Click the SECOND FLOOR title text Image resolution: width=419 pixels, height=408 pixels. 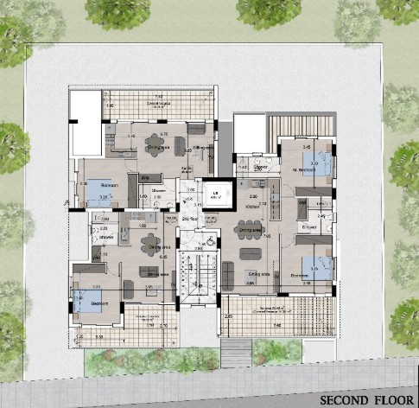365,400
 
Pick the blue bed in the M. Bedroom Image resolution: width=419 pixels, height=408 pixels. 320,165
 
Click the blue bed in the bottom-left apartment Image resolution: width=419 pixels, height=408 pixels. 90,300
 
